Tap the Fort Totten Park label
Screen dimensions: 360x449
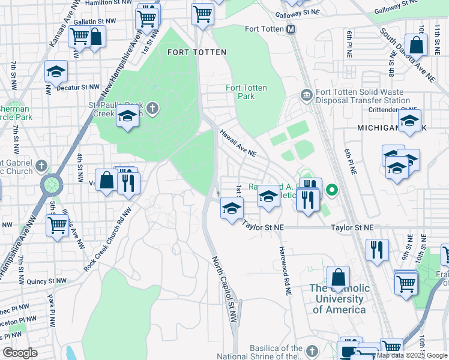246,92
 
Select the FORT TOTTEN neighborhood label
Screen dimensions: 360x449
197,52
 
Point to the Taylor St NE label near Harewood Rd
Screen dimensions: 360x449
264,227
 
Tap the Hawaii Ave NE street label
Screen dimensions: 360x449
237,143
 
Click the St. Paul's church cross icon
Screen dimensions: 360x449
153,108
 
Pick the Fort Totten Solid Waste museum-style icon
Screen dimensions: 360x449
306,95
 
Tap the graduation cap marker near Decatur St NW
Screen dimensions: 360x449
56,71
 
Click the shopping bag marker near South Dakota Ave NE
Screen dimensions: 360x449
416,44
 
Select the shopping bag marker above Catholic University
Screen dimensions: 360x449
338,277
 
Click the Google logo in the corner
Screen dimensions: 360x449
20,353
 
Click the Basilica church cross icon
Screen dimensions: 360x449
312,350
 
